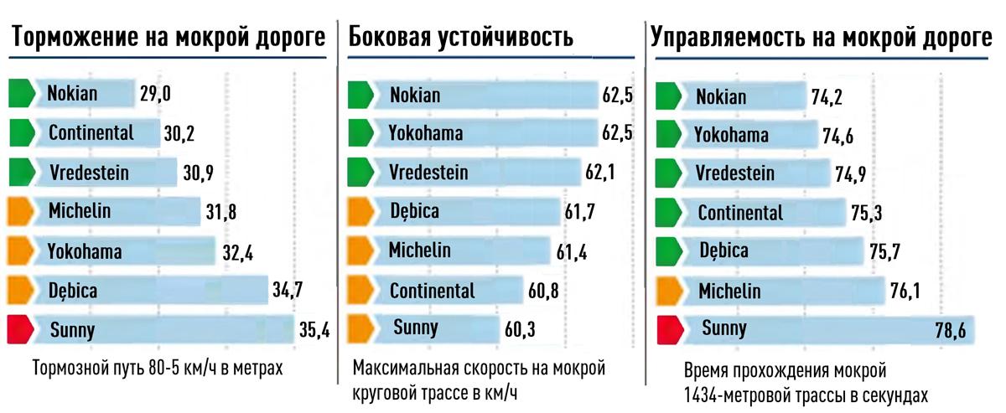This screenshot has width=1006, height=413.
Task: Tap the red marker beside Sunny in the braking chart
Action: point(20,329)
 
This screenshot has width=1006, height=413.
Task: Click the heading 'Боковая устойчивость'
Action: point(460,38)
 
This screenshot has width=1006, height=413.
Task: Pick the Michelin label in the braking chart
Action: point(80,211)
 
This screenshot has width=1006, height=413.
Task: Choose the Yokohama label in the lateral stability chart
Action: point(426,132)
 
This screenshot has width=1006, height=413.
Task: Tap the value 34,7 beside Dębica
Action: point(288,291)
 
